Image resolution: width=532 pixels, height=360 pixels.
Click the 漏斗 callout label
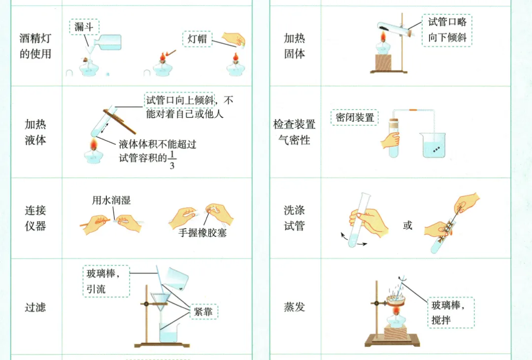click(84, 27)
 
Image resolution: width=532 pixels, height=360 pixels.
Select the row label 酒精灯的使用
click(35, 46)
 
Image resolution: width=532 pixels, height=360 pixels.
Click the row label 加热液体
click(35, 132)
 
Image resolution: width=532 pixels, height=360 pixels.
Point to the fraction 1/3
click(171, 161)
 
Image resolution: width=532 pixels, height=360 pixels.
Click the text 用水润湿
click(111, 200)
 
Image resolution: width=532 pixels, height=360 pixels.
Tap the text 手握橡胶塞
click(202, 232)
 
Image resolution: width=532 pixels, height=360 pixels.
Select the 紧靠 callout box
click(203, 311)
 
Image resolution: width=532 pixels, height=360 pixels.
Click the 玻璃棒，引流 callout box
click(105, 281)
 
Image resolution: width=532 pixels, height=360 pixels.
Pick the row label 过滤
click(35, 308)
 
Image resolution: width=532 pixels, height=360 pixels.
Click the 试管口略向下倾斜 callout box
click(447, 30)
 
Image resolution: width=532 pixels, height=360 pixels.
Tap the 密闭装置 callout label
click(355, 117)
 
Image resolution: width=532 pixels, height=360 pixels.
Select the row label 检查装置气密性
click(294, 132)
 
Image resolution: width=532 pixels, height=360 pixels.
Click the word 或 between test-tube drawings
click(407, 226)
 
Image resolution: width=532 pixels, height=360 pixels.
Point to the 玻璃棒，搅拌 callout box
click(450, 312)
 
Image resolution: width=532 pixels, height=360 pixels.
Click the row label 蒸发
click(294, 307)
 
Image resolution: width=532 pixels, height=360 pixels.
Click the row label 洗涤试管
click(294, 218)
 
